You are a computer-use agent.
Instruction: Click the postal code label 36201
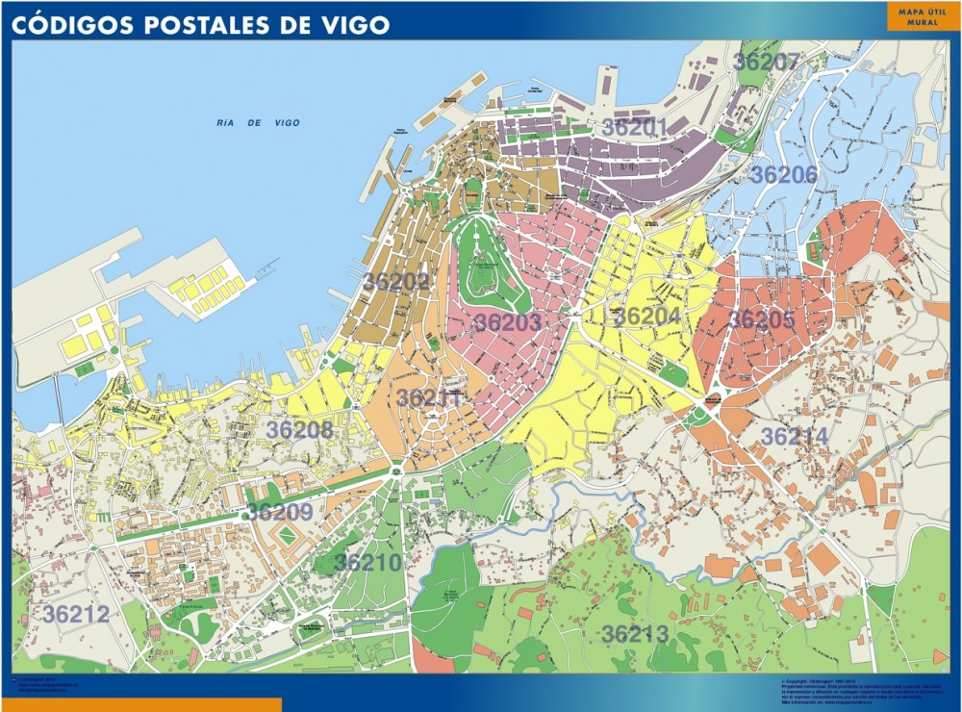635,127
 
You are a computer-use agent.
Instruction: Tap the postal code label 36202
396,281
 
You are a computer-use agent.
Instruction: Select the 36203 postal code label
508,323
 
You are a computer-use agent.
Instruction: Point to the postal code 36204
647,317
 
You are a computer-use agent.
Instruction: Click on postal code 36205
761,319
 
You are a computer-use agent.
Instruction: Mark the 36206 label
784,175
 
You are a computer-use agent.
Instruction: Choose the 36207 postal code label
766,62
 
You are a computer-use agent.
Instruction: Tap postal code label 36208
299,430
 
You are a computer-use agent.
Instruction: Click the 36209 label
280,512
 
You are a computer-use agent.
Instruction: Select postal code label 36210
367,562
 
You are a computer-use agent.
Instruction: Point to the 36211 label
430,398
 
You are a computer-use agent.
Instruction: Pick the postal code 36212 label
76,614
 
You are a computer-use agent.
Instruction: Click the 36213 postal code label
635,634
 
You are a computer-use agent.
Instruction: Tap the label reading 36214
794,437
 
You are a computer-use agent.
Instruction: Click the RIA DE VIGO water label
259,123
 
